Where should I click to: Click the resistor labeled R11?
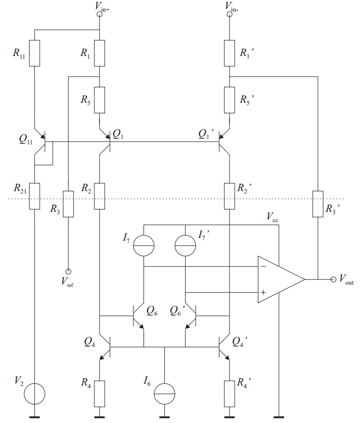35,53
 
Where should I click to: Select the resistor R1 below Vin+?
99,53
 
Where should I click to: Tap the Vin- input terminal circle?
229,14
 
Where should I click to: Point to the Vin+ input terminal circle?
99,14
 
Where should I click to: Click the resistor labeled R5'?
229,100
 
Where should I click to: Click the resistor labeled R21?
35,196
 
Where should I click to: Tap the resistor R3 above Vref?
68,204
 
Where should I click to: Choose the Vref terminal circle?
68,271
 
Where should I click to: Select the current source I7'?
185,246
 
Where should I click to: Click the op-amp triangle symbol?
278,280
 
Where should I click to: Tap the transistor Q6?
137,317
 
